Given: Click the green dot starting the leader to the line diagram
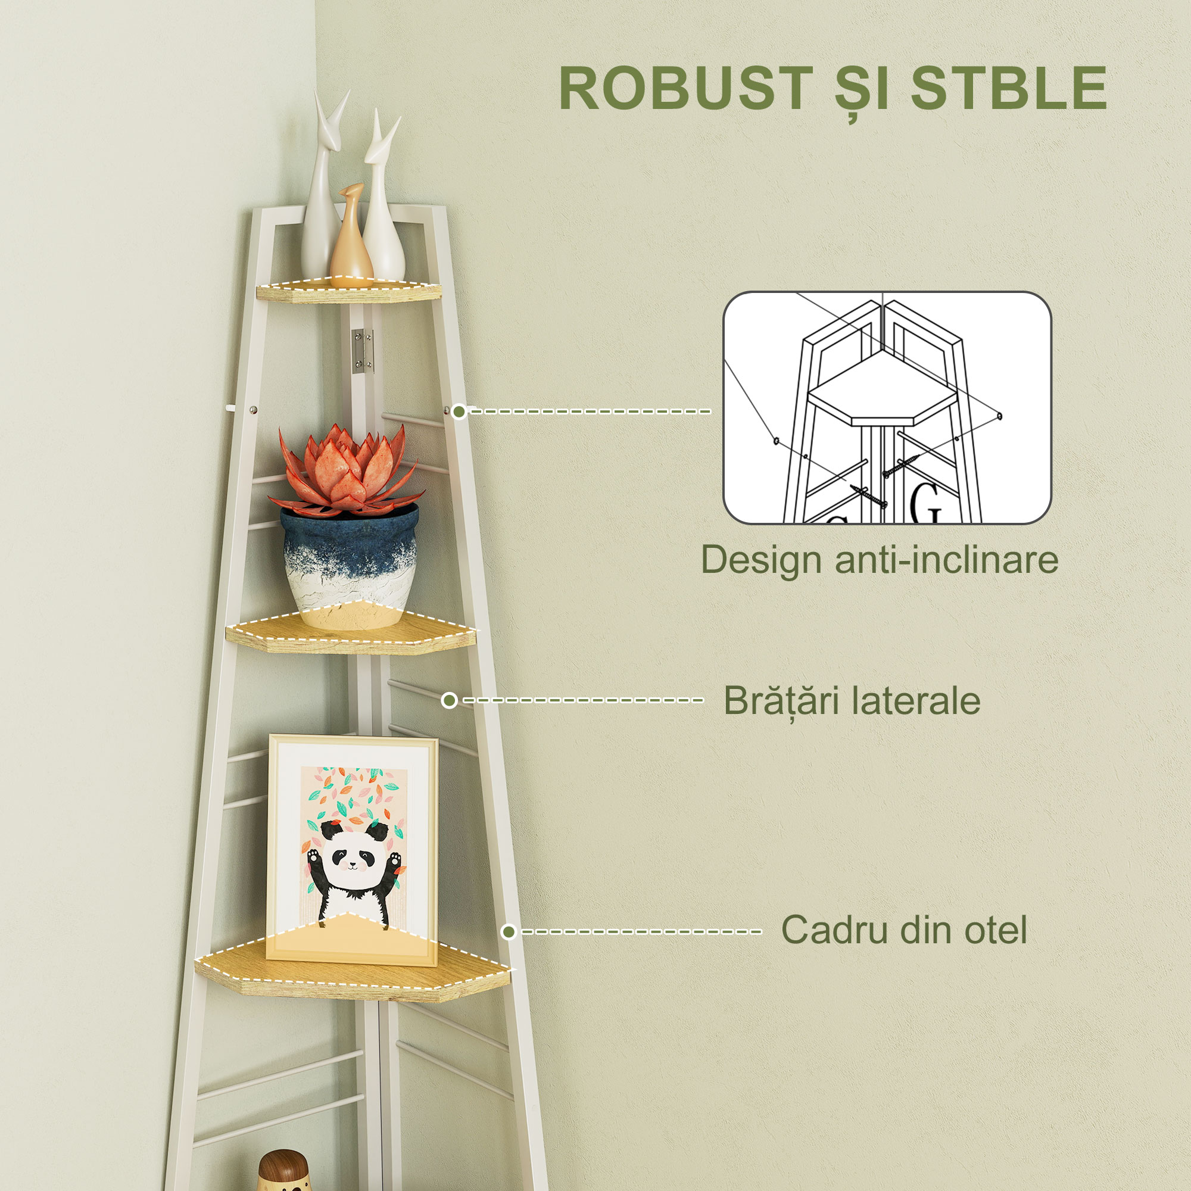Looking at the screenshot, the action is click(459, 411).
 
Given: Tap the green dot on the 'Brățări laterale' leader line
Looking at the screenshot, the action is click(450, 700).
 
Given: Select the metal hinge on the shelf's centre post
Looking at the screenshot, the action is click(362, 350).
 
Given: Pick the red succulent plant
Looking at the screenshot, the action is click(350, 469).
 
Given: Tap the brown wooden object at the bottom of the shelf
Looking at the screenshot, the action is click(282, 1171).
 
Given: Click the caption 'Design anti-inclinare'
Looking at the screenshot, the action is click(880, 559).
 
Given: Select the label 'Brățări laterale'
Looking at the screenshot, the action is click(852, 700).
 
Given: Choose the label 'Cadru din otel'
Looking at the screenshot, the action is click(905, 930).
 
